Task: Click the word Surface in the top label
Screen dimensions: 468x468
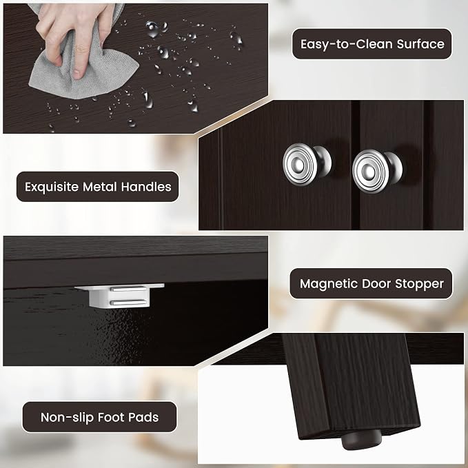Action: pos(420,44)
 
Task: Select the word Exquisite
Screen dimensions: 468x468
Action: pos(51,187)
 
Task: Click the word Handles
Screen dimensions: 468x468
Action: pos(146,187)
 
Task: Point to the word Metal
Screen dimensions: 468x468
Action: pos(100,187)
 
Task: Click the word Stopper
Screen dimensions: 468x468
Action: pos(419,284)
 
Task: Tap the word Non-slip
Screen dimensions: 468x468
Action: pos(67,417)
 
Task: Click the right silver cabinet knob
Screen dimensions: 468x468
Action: pos(376,170)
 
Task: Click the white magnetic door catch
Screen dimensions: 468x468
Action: pos(119,296)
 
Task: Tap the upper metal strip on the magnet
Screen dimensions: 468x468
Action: pos(128,289)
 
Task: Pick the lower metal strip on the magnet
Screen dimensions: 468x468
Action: pos(128,303)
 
